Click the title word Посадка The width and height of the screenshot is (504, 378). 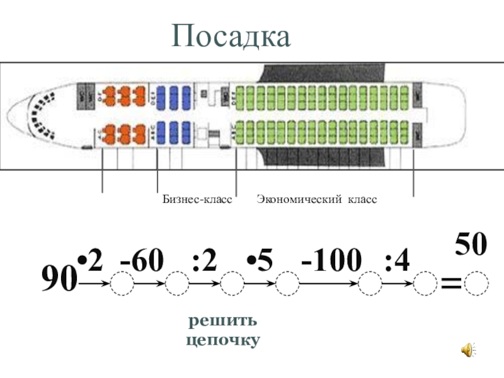(x=232, y=37)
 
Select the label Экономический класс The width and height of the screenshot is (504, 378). (x=316, y=199)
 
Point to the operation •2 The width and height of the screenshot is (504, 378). (x=89, y=260)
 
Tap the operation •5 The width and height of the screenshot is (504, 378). (x=260, y=260)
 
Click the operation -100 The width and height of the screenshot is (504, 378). (x=331, y=260)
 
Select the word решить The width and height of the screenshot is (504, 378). (x=223, y=321)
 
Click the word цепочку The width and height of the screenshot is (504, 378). (x=223, y=340)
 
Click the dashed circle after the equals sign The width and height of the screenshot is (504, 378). (x=476, y=285)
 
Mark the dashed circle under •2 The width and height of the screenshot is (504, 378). (x=122, y=285)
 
